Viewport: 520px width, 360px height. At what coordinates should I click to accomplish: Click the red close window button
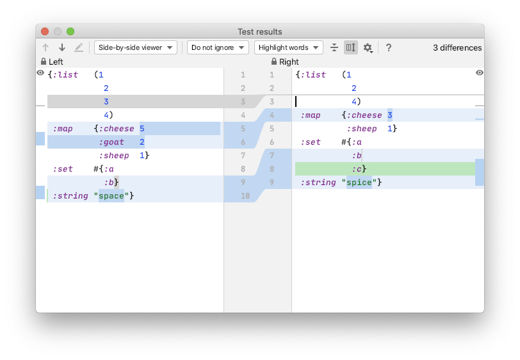click(x=45, y=31)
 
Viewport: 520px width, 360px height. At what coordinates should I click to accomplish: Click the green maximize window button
click(x=70, y=31)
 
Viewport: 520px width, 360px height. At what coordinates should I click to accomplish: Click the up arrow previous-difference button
click(x=45, y=48)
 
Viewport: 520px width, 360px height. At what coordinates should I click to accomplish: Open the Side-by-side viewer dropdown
click(x=136, y=47)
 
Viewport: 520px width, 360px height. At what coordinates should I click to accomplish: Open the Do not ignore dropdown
click(x=218, y=47)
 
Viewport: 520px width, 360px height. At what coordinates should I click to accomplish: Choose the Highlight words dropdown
click(x=289, y=47)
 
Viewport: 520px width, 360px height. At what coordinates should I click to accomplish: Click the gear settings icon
click(x=368, y=48)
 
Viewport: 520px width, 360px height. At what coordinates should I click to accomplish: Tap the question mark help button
click(x=389, y=48)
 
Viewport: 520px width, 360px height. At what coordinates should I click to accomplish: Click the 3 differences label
click(x=457, y=48)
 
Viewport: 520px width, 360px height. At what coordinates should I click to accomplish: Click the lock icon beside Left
click(x=44, y=61)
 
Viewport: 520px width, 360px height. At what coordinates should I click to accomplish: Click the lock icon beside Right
click(x=274, y=61)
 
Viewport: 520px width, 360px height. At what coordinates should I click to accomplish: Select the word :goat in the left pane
click(x=111, y=142)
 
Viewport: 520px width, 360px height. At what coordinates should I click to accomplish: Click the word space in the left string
click(x=111, y=196)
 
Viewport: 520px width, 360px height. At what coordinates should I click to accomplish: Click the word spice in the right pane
click(x=359, y=183)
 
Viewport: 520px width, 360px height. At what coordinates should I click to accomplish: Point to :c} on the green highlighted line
click(x=359, y=169)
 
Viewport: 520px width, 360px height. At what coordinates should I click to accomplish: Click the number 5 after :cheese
click(x=142, y=129)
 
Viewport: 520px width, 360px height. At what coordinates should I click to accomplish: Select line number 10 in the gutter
click(x=245, y=196)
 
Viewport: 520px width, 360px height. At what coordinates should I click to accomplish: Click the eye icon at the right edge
click(x=480, y=72)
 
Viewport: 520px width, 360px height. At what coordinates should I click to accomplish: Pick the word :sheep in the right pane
click(x=362, y=129)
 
